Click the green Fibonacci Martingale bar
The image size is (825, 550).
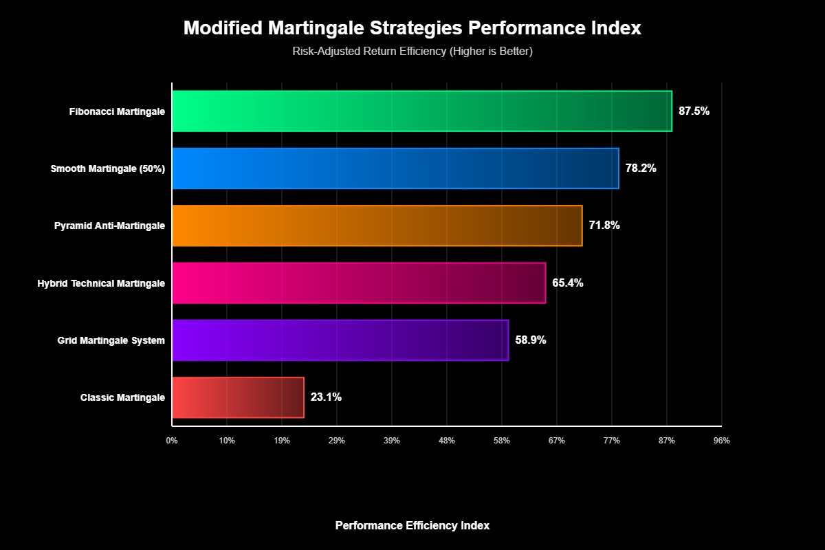pyautogui.click(x=421, y=111)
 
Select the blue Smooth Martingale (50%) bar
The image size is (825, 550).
pyautogui.click(x=395, y=168)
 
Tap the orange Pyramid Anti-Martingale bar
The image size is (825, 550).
pyautogui.click(x=377, y=225)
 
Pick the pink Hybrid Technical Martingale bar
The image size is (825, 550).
pyautogui.click(x=358, y=283)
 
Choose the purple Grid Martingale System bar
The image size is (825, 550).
pyautogui.click(x=340, y=340)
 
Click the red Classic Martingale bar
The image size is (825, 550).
pyautogui.click(x=237, y=397)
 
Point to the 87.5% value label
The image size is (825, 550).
pyautogui.click(x=694, y=111)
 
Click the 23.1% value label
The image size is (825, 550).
pyautogui.click(x=326, y=397)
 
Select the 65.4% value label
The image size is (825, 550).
pyautogui.click(x=568, y=283)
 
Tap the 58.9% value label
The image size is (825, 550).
pyautogui.click(x=531, y=340)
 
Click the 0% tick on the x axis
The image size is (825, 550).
pyautogui.click(x=172, y=441)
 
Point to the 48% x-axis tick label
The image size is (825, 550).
pyautogui.click(x=447, y=441)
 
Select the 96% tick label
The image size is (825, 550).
pyautogui.click(x=721, y=441)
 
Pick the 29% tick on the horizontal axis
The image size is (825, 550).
pyautogui.click(x=337, y=441)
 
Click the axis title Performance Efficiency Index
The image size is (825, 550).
pyautogui.click(x=412, y=525)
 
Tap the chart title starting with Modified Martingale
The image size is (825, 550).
pyautogui.click(x=412, y=29)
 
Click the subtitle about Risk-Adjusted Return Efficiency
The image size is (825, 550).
pyautogui.click(x=412, y=52)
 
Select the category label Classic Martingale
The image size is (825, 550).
pyautogui.click(x=122, y=397)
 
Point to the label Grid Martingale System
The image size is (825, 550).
pyautogui.click(x=111, y=340)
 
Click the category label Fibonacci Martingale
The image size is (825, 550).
pyautogui.click(x=117, y=111)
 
